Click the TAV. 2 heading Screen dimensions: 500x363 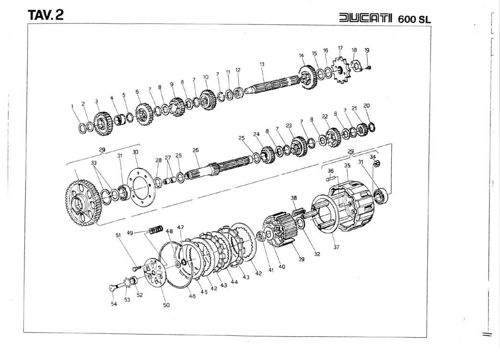pos(45,15)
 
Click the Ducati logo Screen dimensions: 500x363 pos(365,18)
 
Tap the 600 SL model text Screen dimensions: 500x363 pos(414,19)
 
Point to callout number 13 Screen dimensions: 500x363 pos(262,64)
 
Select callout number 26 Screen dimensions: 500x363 pos(195,150)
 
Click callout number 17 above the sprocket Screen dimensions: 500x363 pos(340,48)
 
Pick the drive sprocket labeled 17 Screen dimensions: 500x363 pos(340,69)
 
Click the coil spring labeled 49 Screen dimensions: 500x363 pos(156,229)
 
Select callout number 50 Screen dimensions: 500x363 pos(166,305)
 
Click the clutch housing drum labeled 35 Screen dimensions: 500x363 pos(350,206)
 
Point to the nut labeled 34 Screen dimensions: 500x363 pos(376,164)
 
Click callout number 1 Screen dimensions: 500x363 pos(72,106)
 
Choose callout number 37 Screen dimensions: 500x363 pos(336,247)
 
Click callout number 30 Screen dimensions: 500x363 pos(135,152)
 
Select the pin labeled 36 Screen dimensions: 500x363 pos(331,179)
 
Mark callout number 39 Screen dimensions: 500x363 pos(301,260)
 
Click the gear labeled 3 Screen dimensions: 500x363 pos(103,123)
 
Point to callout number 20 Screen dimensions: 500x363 pos(366,106)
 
